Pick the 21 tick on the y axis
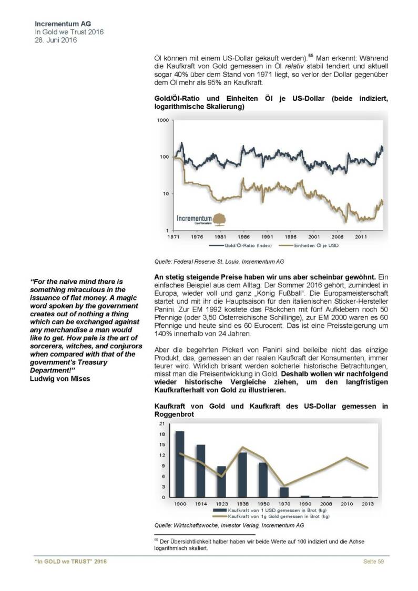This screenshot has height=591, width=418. tap(161, 423)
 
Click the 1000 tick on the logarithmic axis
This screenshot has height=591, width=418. tap(164, 120)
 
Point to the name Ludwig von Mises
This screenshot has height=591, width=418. tap(59, 377)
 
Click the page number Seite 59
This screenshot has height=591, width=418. tap(373, 562)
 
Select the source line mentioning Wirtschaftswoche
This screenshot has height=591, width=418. tap(229, 524)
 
